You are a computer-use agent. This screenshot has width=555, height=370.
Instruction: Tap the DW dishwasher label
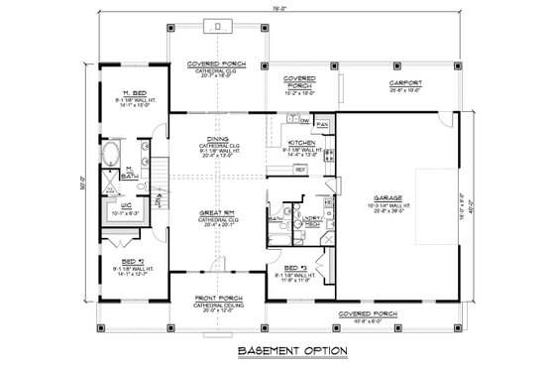click(305, 121)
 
